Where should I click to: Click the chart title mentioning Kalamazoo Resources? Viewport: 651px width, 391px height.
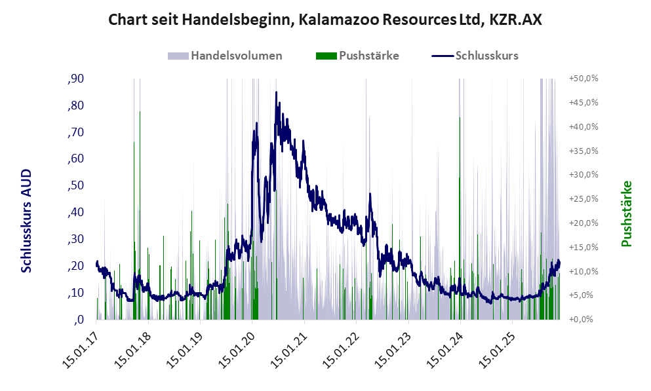tap(325, 20)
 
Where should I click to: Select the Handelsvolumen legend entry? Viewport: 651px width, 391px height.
tap(236, 56)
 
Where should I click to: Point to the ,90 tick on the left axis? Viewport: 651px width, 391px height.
tap(75, 79)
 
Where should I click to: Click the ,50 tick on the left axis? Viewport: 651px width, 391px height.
tap(75, 186)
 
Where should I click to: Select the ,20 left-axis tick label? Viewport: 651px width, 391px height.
tap(75, 266)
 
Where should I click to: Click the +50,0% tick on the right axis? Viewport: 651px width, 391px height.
tap(584, 79)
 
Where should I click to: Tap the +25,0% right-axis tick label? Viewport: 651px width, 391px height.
tap(584, 199)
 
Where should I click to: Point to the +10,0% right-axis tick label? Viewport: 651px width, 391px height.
tap(584, 271)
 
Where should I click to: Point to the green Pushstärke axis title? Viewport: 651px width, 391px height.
tap(626, 214)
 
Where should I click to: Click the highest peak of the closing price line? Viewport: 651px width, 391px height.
tap(276, 92)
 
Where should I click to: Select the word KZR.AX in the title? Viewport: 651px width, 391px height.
tap(515, 20)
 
